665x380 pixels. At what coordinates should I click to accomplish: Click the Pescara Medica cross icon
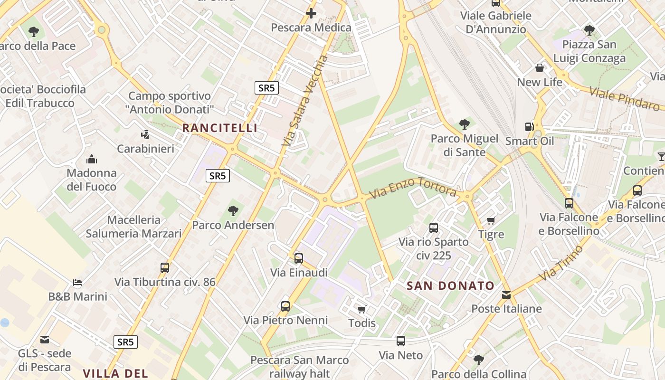311,13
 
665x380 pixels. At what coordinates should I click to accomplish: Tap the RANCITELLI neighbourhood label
220,128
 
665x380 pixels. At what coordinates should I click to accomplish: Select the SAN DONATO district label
451,286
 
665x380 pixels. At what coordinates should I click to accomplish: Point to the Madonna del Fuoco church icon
91,159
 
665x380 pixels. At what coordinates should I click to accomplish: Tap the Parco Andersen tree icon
233,210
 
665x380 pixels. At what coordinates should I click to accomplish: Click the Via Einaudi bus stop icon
299,258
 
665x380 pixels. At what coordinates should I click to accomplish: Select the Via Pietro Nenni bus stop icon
285,306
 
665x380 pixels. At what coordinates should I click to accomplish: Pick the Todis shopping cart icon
362,310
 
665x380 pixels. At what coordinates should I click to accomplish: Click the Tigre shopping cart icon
491,220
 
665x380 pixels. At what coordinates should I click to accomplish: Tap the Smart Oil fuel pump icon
529,127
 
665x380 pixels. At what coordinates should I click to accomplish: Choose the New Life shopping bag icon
540,68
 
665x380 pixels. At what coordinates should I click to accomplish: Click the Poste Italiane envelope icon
506,295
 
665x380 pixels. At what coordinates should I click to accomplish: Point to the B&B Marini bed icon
77,283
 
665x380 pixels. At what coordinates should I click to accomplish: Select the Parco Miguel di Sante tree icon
465,124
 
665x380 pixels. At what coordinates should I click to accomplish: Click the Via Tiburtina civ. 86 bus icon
165,268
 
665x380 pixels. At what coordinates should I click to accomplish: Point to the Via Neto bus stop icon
401,341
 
